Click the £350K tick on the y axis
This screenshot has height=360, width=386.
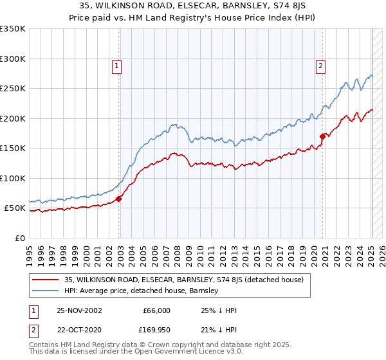pos(13,29)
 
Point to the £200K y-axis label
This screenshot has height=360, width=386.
pos(13,118)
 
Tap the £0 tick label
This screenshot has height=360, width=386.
pos(19,238)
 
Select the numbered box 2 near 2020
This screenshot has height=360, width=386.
pos(320,65)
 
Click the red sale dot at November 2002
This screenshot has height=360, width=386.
pos(119,199)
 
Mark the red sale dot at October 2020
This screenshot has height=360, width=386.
pos(322,136)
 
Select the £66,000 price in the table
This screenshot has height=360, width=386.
pos(156,310)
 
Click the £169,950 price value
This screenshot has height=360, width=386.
pos(155,330)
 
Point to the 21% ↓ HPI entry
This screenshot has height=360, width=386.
pos(218,330)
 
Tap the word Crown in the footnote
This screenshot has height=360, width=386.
pos(168,345)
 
